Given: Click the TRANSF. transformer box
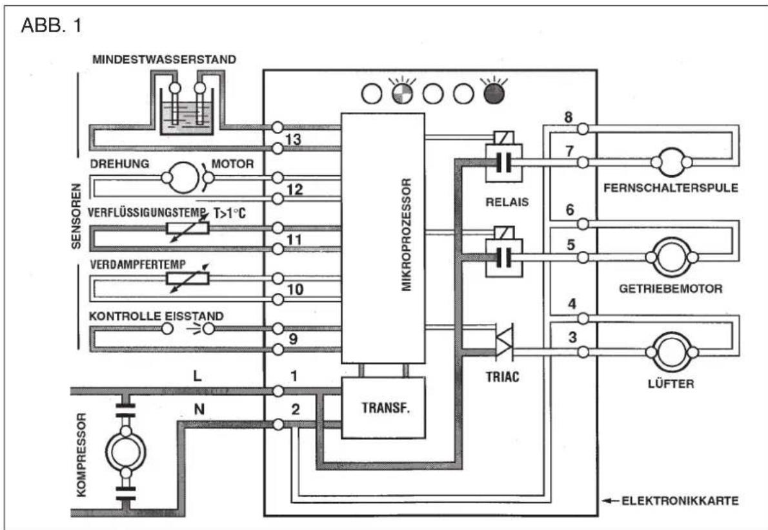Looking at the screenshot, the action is pyautogui.click(x=383, y=407).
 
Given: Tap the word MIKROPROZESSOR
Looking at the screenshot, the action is pyautogui.click(x=407, y=235).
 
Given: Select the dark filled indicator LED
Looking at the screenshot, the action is pyautogui.click(x=494, y=94).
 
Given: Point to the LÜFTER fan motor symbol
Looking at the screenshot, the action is pyautogui.click(x=671, y=352).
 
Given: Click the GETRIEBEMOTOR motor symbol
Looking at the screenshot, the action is pyautogui.click(x=671, y=257).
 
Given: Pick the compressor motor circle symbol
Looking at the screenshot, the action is pyautogui.click(x=126, y=452).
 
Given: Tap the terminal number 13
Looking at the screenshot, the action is pyautogui.click(x=293, y=140).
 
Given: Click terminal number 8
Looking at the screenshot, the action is pyautogui.click(x=568, y=118).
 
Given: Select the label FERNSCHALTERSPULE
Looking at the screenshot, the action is pyautogui.click(x=671, y=188).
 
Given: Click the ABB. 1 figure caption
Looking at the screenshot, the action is pyautogui.click(x=52, y=25).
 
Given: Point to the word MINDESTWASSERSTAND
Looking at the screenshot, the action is pyautogui.click(x=164, y=59).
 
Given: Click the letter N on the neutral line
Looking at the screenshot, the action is pyautogui.click(x=199, y=409).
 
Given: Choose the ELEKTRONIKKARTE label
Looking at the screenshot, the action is pyautogui.click(x=680, y=501).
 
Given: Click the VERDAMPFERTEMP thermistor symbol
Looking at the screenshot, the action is pyautogui.click(x=188, y=278).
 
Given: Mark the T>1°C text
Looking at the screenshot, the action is pyautogui.click(x=229, y=213).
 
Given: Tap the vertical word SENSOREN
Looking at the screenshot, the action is pyautogui.click(x=76, y=216).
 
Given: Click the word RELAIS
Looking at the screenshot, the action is pyautogui.click(x=507, y=202).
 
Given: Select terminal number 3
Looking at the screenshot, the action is pyautogui.click(x=572, y=337).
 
